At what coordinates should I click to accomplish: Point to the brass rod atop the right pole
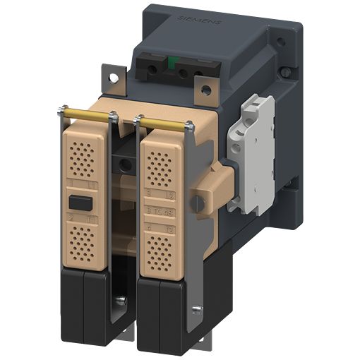tap(164, 123)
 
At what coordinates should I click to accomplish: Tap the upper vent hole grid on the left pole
tap(83, 158)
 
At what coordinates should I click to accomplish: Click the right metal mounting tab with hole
tap(206, 91)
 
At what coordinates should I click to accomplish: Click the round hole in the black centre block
tap(126, 164)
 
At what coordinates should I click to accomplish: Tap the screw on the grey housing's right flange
tap(284, 72)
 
